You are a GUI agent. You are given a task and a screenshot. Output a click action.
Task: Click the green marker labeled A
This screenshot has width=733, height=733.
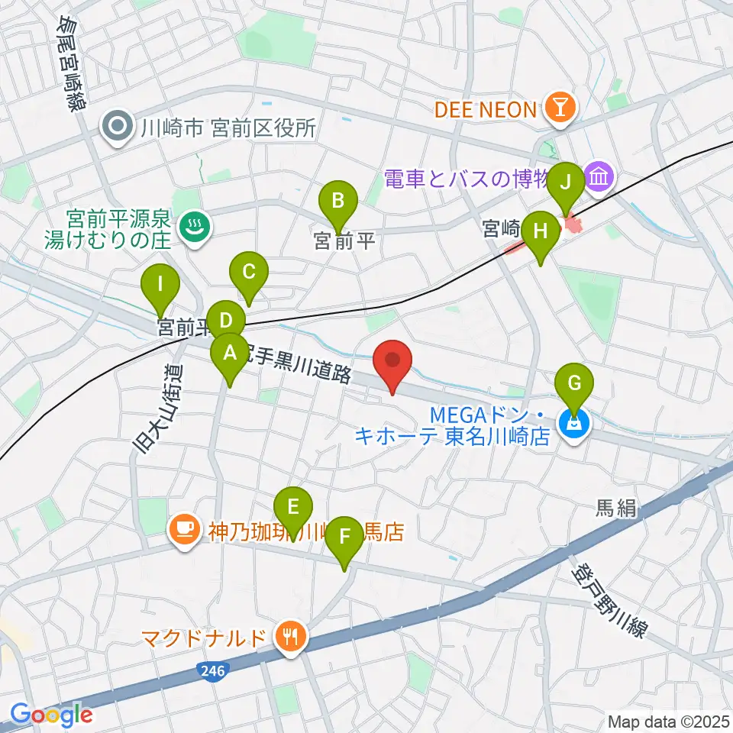[x=229, y=354]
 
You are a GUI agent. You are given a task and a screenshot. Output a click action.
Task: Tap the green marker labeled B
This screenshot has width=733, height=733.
[x=339, y=203]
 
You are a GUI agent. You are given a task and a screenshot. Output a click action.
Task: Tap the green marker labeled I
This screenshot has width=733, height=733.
[x=160, y=287]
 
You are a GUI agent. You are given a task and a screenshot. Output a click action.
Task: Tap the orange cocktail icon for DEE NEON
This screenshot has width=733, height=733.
[x=560, y=110]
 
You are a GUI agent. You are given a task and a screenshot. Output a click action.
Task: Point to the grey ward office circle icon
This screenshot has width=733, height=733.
[x=119, y=128]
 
